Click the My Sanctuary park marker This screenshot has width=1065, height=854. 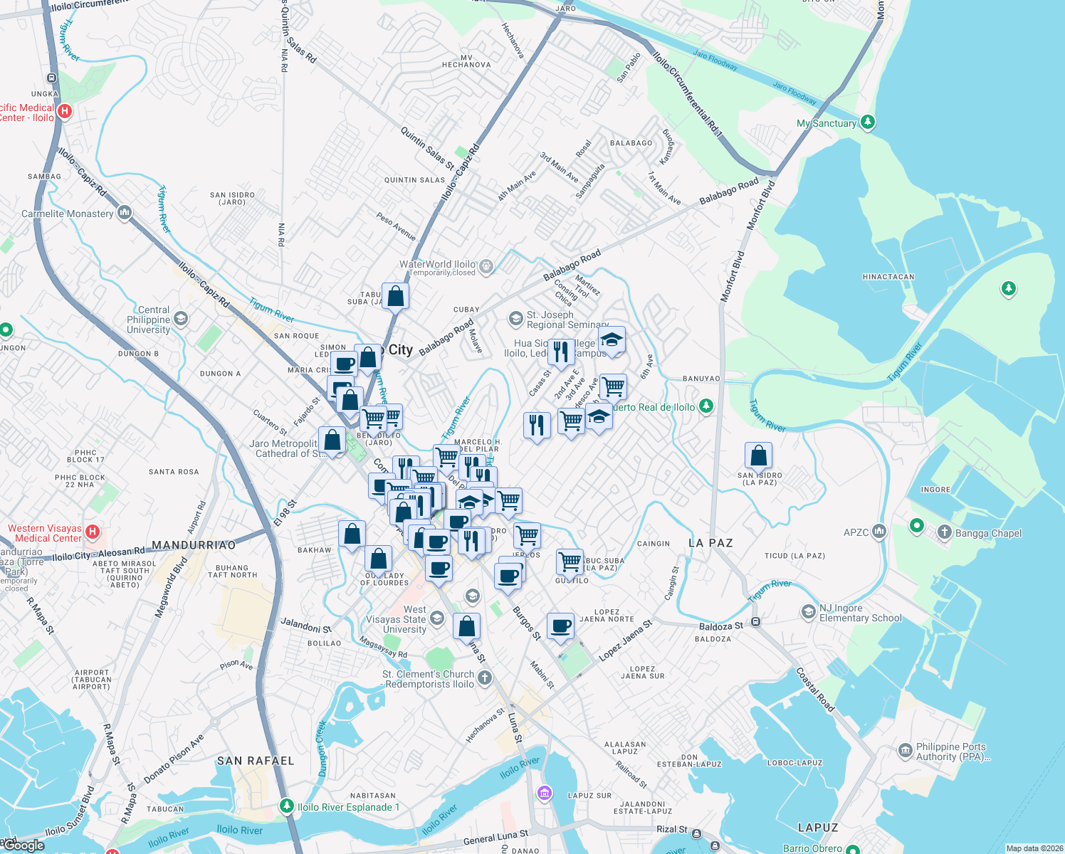(x=867, y=122)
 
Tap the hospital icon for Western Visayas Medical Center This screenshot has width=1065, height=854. (x=92, y=532)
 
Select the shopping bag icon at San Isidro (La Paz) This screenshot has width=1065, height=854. (x=758, y=455)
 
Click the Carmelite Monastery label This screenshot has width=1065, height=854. (x=68, y=213)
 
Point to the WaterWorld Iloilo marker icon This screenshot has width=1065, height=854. (x=486, y=267)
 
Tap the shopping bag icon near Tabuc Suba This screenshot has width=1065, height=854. (x=395, y=295)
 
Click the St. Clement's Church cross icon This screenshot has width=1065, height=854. (x=485, y=678)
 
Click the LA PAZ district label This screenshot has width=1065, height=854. (x=710, y=543)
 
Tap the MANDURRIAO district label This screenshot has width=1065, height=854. (x=194, y=545)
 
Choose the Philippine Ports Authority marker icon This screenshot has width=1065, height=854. (x=905, y=751)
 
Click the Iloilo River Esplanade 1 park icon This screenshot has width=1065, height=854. (x=286, y=806)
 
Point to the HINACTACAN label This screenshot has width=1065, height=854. (x=888, y=277)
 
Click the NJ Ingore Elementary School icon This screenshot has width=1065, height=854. (x=808, y=612)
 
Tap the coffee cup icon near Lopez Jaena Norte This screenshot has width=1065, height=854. (x=560, y=626)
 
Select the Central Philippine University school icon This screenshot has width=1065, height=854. (x=181, y=319)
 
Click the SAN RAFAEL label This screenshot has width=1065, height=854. (x=256, y=761)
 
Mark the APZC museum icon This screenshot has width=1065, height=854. (x=879, y=532)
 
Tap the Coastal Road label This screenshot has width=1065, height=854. (x=814, y=690)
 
